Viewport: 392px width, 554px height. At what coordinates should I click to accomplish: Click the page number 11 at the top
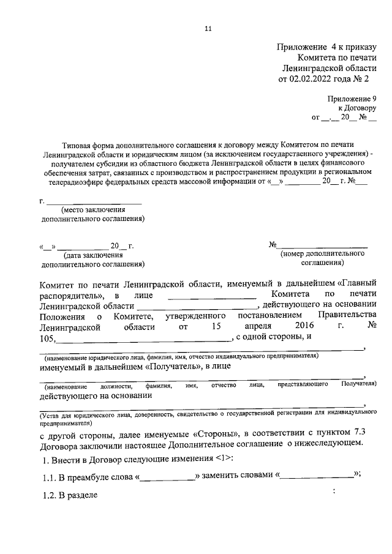coord(208,29)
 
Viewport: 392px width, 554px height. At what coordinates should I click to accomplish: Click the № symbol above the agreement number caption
coord(273,245)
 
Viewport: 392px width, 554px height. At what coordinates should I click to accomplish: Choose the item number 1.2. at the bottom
coord(49,494)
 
